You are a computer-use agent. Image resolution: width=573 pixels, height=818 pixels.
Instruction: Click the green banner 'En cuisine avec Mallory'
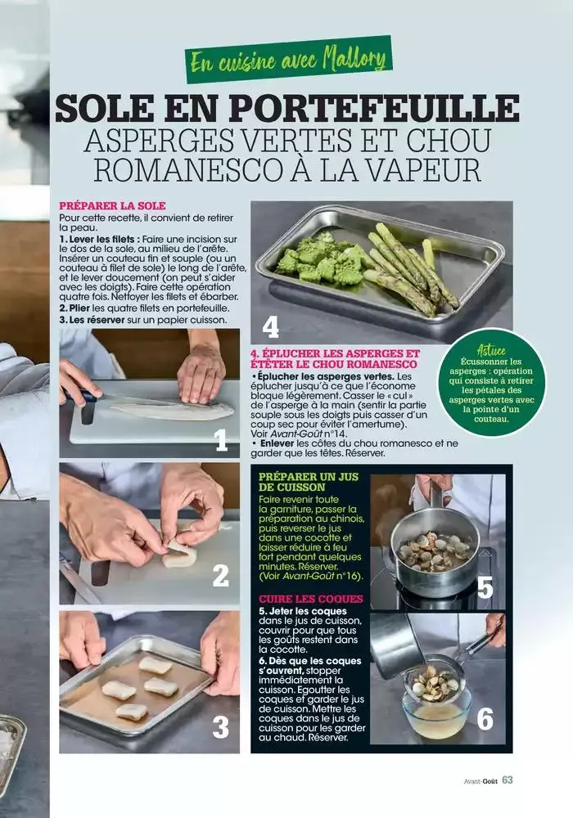click(288, 60)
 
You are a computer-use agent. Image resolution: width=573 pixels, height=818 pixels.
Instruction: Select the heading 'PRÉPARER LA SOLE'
click(112, 205)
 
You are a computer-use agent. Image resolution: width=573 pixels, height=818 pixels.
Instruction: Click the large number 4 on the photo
click(271, 327)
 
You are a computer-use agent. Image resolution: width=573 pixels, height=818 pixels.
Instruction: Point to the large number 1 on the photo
click(221, 442)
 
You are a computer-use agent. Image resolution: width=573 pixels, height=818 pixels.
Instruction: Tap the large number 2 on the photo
click(221, 576)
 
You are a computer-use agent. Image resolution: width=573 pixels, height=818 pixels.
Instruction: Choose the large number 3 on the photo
click(221, 726)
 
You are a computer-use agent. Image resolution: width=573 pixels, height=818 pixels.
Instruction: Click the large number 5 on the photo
click(485, 587)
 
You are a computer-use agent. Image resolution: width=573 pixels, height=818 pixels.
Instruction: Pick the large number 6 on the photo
click(485, 719)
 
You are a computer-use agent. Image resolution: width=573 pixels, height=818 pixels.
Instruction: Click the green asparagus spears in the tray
click(409, 266)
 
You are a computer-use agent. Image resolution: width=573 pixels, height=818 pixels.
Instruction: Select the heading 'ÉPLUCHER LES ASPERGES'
click(334, 358)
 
